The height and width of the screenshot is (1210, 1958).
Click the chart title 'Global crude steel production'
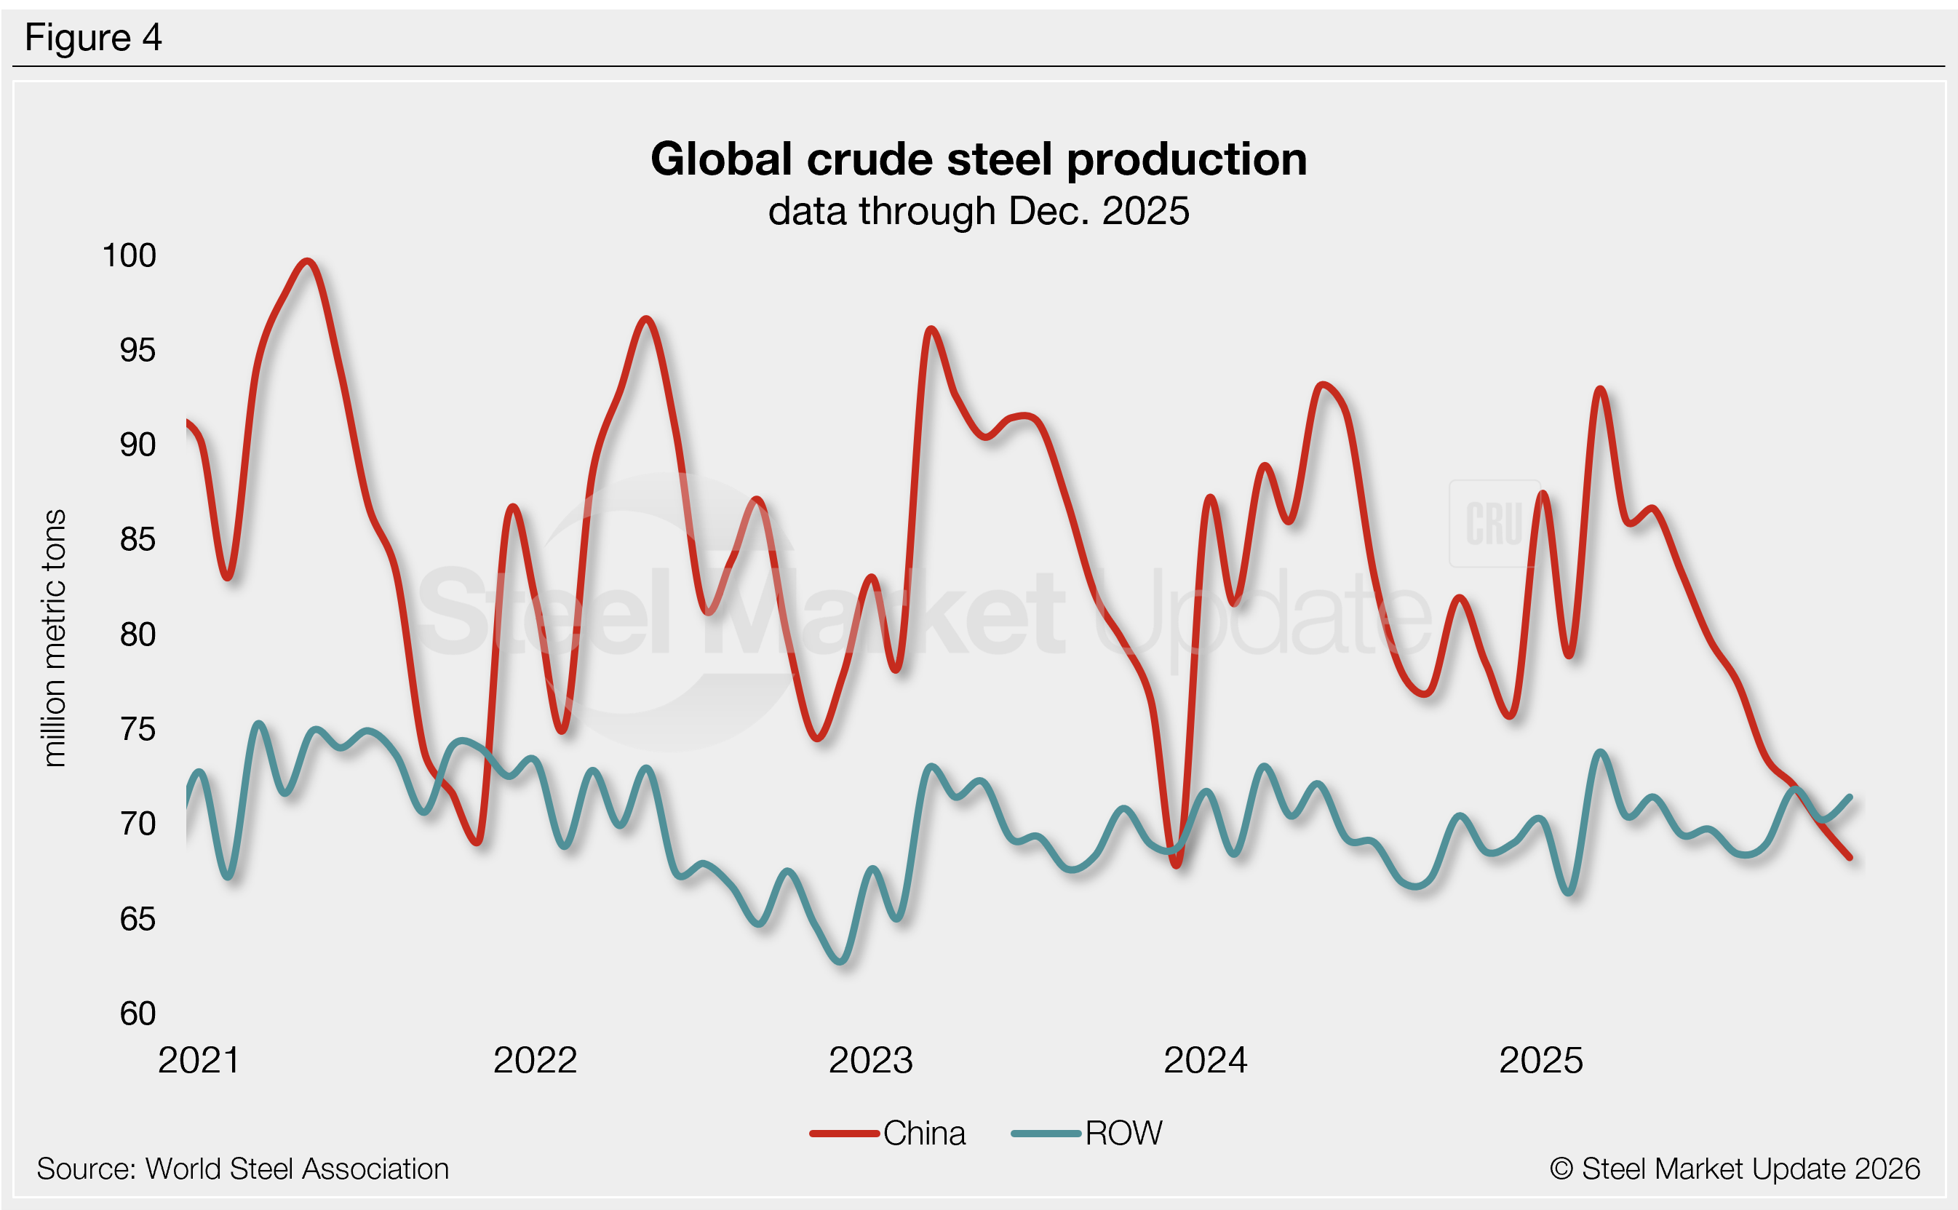979,159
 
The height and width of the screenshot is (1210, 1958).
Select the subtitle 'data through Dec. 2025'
979,211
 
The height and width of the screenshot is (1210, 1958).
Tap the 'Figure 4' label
93,38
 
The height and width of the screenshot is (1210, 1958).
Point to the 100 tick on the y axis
129,256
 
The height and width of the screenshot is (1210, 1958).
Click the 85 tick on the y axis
137,540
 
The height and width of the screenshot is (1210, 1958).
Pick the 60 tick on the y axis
137,1014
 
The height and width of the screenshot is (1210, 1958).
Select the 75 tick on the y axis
137,730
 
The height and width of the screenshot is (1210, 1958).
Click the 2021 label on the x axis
199,1060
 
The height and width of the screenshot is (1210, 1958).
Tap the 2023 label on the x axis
869,1060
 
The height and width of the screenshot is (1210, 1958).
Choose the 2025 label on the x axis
1540,1060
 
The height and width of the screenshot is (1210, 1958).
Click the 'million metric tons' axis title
54,639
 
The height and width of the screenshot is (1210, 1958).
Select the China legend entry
888,1133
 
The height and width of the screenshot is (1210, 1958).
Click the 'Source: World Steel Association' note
242,1169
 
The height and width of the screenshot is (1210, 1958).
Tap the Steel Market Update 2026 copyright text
1735,1169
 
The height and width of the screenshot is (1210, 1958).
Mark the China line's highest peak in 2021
307,261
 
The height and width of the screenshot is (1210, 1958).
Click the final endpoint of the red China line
1849,858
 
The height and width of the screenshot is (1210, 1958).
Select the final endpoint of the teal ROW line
1849,797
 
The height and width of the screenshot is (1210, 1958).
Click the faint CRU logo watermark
1494,524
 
